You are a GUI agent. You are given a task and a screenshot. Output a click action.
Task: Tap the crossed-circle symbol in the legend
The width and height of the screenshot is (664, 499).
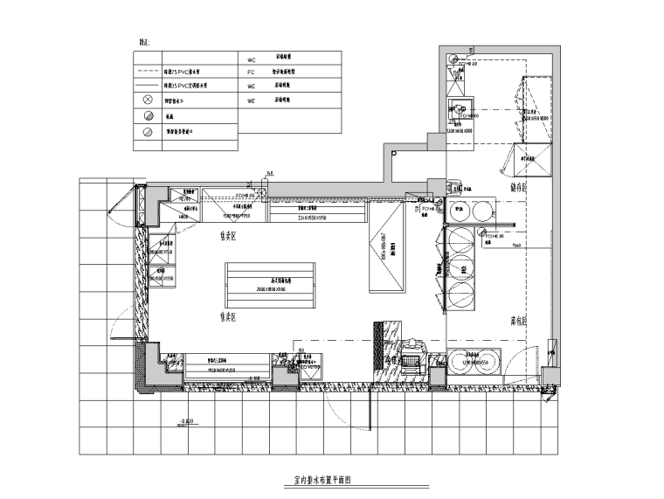[146, 100]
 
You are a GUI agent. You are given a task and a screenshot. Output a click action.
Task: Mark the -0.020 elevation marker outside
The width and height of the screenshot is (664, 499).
[184, 423]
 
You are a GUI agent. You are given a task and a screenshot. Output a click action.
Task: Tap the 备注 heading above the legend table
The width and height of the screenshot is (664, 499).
[144, 41]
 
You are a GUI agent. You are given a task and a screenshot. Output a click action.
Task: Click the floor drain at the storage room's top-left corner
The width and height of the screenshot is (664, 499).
[454, 60]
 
